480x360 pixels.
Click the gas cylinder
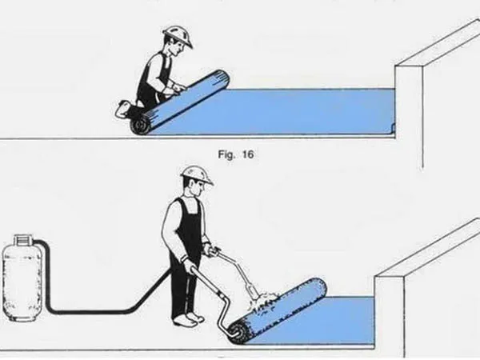pyautogui.click(x=22, y=278)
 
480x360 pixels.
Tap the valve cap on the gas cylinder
pyautogui.click(x=23, y=238)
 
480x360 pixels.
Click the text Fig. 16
pyautogui.click(x=236, y=154)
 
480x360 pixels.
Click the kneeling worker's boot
pyautogui.click(x=123, y=108)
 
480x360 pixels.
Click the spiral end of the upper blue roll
pyautogui.click(x=141, y=126)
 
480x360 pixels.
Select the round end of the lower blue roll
pyautogui.click(x=238, y=333)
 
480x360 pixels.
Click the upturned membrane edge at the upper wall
pyautogui.click(x=394, y=126)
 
